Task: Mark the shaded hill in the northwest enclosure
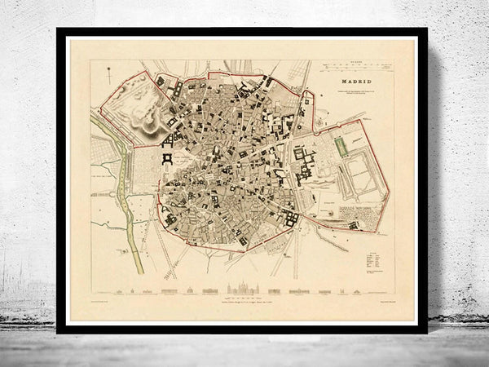click(x=148, y=122)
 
